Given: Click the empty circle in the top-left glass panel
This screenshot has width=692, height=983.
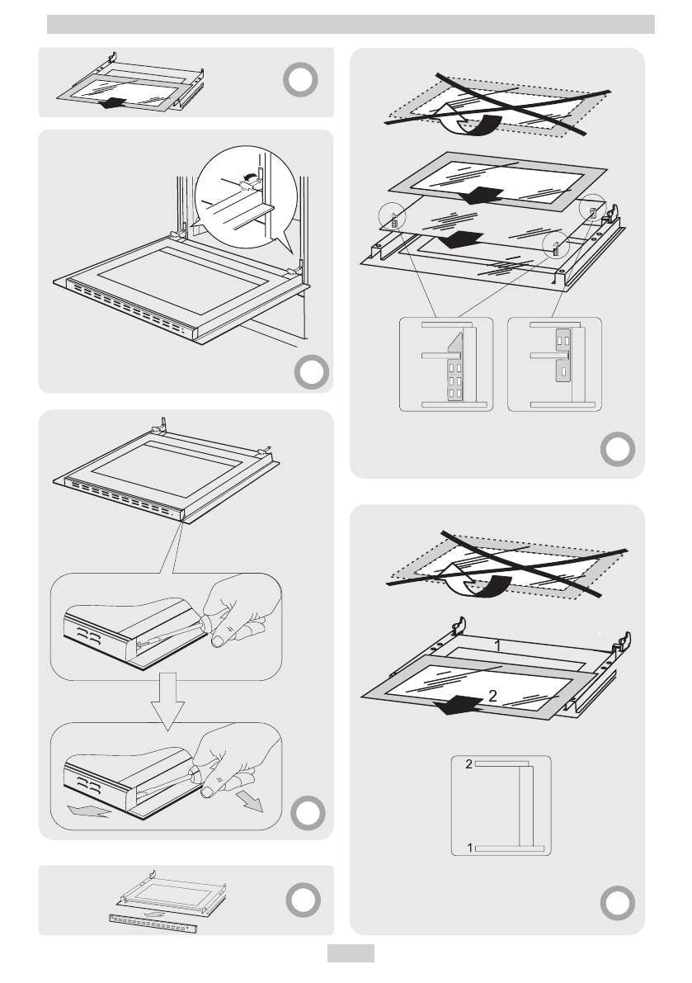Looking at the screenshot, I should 300,81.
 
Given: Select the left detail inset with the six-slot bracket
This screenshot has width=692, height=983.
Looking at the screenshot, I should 446,364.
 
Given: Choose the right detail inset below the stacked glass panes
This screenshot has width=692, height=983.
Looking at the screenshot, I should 554,364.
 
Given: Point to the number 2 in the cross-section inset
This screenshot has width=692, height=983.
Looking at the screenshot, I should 468,764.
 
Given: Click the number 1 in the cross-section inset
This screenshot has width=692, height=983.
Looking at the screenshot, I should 469,848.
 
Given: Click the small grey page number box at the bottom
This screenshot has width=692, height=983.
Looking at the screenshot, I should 351,954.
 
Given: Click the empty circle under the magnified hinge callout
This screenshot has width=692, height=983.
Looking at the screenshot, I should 308,373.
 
